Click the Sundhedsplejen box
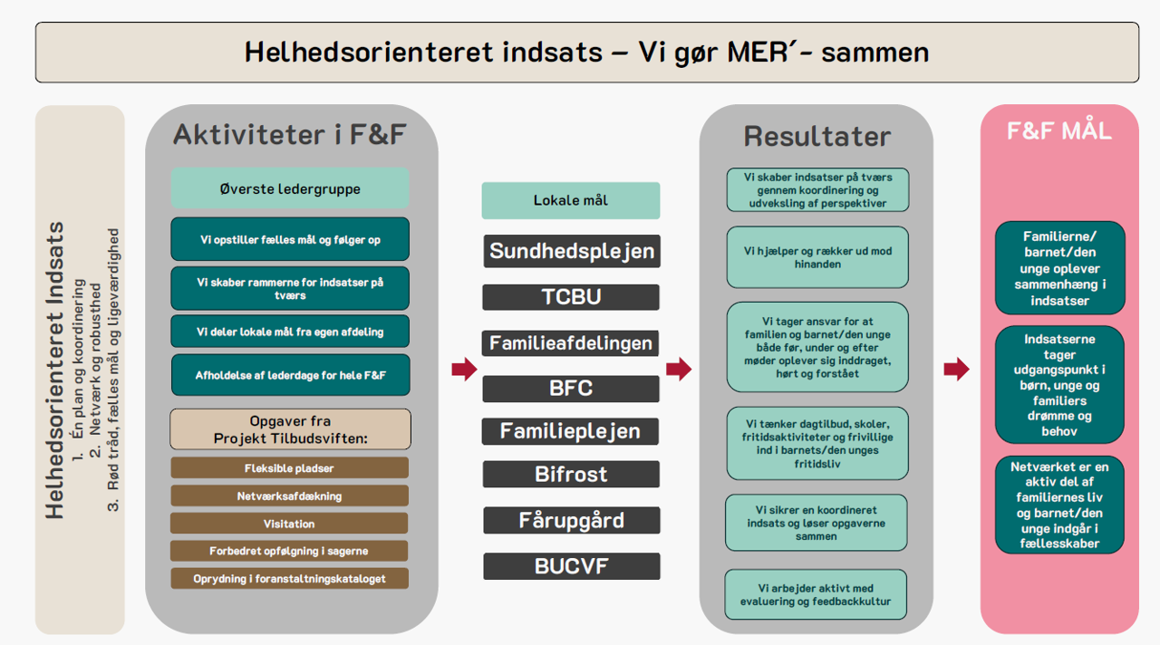571,251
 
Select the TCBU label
571,297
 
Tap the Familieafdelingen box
571,343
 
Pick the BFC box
571,389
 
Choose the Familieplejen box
571,431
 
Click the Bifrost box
571,474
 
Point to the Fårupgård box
571,521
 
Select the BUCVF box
571,567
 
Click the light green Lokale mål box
571,200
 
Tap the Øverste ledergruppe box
290,189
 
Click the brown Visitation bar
289,524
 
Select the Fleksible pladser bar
289,468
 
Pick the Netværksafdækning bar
289,496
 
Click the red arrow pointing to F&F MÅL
956,369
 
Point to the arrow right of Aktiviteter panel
464,369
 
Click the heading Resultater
817,136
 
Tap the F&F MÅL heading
1058,131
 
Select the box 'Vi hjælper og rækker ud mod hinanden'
817,257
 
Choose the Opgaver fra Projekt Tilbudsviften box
290,429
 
